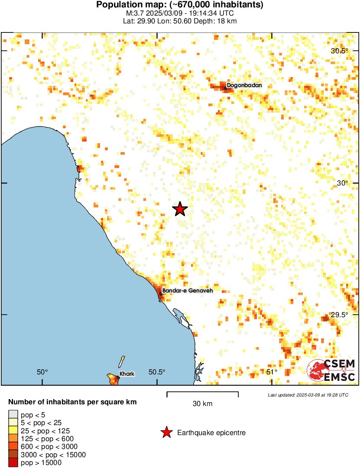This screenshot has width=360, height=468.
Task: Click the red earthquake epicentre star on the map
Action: tap(180, 209)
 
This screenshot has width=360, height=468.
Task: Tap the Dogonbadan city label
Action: tap(244, 85)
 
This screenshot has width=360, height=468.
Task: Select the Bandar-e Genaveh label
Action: tap(187, 291)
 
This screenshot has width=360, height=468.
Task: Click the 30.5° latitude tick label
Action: tap(340, 51)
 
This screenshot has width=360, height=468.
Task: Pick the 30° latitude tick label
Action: tap(343, 183)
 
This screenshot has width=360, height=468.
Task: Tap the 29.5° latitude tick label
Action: tap(340, 315)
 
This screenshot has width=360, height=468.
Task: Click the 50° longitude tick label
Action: tap(42, 372)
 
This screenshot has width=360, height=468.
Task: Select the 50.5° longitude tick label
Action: tap(157, 372)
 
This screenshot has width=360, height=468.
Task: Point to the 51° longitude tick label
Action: tap(272, 372)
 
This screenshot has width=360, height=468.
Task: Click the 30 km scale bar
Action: tap(202, 394)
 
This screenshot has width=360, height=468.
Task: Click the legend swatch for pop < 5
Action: tap(13, 415)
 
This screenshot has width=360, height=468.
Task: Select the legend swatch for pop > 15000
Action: tap(13, 463)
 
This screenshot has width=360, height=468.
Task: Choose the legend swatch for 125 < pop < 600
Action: tap(13, 439)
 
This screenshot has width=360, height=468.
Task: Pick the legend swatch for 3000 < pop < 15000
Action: tap(13, 455)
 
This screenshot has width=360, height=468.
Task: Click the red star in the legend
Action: tap(166, 432)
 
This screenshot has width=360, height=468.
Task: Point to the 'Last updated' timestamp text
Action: tap(308, 395)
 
